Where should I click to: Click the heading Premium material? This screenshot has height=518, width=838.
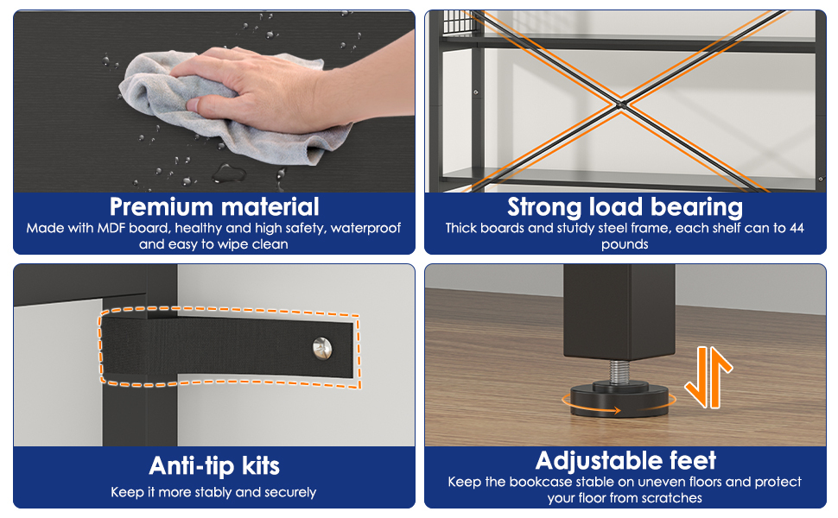[214, 206]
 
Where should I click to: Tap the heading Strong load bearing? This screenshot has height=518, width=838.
[625, 207]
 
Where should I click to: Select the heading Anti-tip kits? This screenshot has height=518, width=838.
[214, 465]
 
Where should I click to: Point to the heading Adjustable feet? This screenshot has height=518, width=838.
[625, 461]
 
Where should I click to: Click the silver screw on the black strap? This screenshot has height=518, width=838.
[322, 348]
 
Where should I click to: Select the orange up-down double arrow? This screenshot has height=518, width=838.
[708, 376]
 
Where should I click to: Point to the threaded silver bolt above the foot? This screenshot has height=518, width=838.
[619, 370]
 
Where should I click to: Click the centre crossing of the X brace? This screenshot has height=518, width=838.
[621, 104]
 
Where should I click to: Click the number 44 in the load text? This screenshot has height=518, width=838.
[797, 228]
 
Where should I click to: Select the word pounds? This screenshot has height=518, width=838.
[625, 244]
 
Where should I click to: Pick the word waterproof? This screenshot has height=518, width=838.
[365, 229]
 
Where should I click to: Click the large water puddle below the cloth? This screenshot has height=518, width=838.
[229, 173]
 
